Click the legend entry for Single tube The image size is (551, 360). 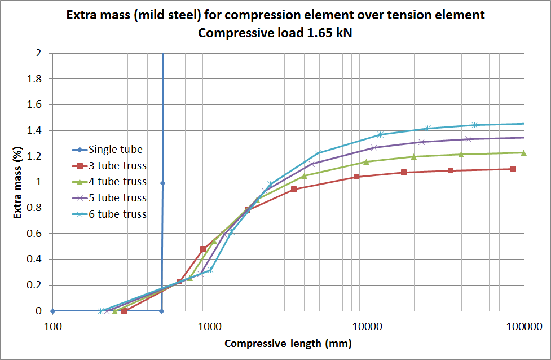(116, 150)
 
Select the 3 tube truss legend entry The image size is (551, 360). (118, 166)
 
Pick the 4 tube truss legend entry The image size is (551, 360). (118, 182)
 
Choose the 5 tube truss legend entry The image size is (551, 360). (118, 198)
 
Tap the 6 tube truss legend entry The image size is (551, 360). (118, 214)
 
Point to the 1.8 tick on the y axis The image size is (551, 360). (34, 79)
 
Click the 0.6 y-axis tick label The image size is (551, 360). (34, 234)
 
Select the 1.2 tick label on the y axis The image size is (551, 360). (34, 156)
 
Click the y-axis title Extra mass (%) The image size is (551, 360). (17, 182)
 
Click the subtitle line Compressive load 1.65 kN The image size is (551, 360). (276, 33)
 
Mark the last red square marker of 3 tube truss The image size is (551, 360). (513, 169)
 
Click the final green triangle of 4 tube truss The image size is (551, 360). (524, 153)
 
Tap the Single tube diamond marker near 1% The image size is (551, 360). (162, 183)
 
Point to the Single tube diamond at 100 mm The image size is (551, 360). (53, 311)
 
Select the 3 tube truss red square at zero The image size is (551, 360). (124, 311)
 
